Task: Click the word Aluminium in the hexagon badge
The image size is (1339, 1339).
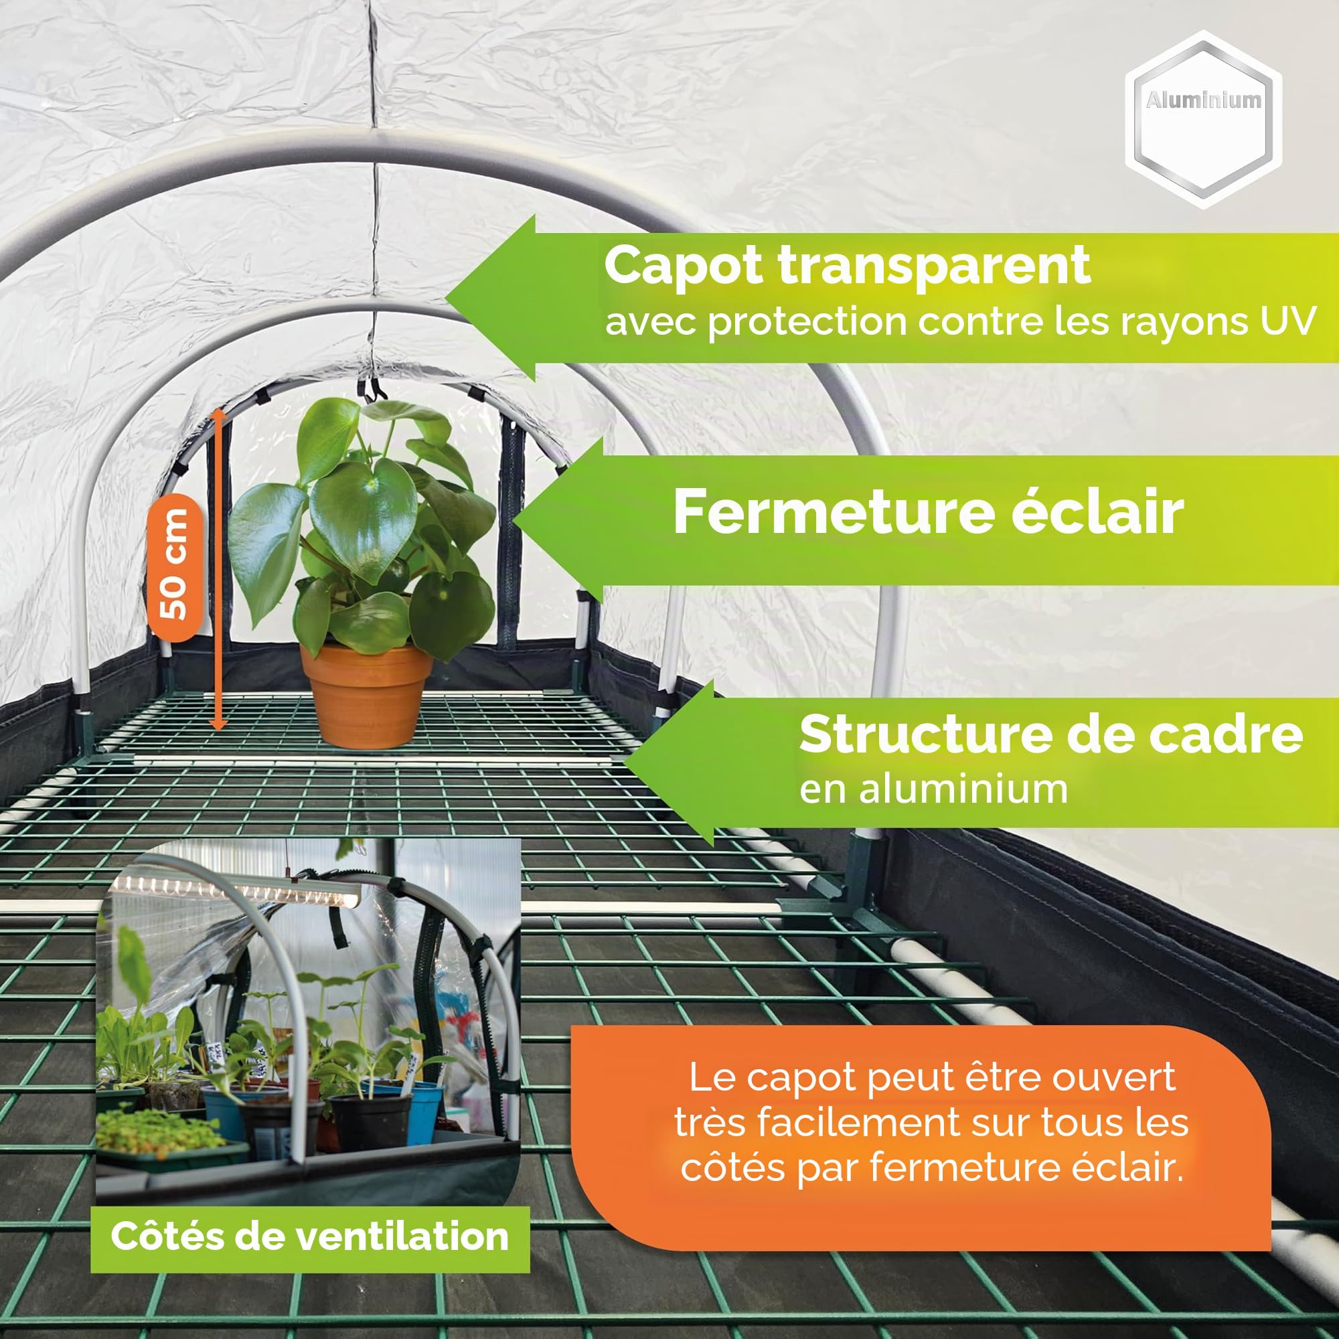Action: [1204, 100]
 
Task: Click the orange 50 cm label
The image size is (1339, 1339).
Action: [174, 566]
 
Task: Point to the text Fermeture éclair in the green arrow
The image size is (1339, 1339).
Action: [928, 511]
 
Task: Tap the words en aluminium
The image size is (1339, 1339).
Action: [933, 789]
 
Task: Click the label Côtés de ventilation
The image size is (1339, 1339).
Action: [310, 1236]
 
